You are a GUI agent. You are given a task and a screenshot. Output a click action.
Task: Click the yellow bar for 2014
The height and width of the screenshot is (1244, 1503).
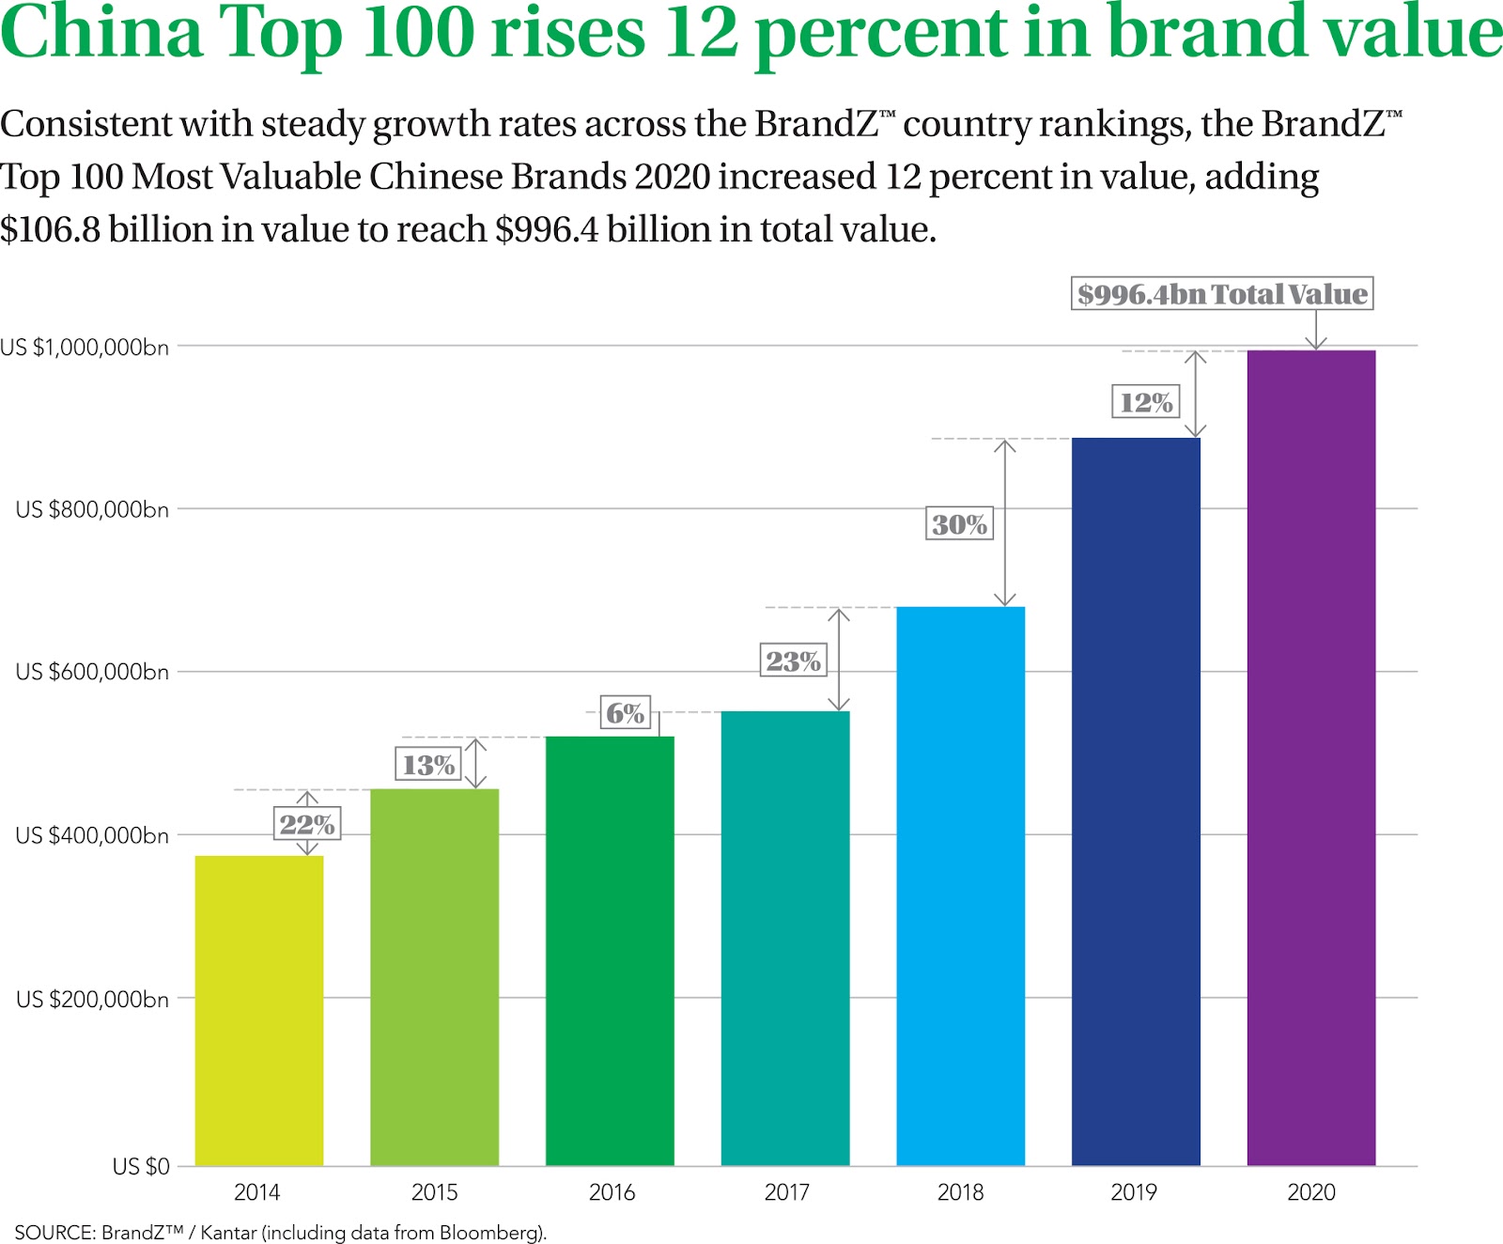pos(259,1010)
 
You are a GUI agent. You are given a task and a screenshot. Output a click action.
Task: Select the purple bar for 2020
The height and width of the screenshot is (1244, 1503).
pos(1310,757)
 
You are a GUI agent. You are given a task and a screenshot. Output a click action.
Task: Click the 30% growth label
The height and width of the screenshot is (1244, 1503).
pos(959,524)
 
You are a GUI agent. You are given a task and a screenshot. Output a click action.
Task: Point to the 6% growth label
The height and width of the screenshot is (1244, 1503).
pos(625,713)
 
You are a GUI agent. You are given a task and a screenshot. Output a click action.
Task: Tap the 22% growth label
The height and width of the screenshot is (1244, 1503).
pos(306,825)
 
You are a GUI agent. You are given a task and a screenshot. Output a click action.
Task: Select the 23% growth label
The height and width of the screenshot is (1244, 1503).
pos(793,661)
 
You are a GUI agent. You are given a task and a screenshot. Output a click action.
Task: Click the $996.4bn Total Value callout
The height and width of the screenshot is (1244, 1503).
pos(1222,294)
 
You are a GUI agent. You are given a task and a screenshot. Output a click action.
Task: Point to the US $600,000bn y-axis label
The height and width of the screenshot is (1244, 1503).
pos(92,672)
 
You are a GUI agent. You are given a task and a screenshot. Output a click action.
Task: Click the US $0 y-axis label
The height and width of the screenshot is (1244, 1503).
pos(141,1166)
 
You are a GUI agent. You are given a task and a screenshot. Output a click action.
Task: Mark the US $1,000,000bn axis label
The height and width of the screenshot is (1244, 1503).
pos(85,348)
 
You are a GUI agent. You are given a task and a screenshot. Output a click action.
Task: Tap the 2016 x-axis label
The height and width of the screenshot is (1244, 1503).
pos(612,1192)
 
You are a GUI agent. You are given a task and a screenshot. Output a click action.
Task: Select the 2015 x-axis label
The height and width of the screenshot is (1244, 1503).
pos(434,1192)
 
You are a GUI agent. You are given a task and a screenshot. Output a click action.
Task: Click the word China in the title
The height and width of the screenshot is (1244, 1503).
pos(101,34)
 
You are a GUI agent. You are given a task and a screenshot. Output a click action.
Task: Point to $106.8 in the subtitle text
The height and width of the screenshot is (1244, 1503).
pos(51,229)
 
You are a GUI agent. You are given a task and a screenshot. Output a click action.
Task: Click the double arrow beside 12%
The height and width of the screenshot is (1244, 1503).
pos(1195,395)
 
